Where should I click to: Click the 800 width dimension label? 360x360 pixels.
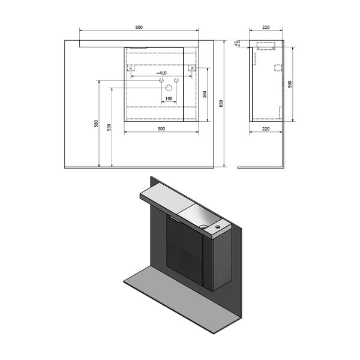(139, 27)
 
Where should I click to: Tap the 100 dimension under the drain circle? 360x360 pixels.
(169, 98)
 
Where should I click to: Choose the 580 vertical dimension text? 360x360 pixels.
(95, 124)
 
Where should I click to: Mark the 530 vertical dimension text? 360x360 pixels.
(110, 127)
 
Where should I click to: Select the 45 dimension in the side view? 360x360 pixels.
(236, 43)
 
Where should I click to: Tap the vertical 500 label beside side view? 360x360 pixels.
(290, 85)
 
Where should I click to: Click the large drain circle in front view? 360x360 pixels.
(161, 88)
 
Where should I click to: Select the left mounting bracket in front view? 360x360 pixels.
(130, 70)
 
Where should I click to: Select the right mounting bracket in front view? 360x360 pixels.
(191, 70)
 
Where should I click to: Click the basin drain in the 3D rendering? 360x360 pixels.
(204, 227)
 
